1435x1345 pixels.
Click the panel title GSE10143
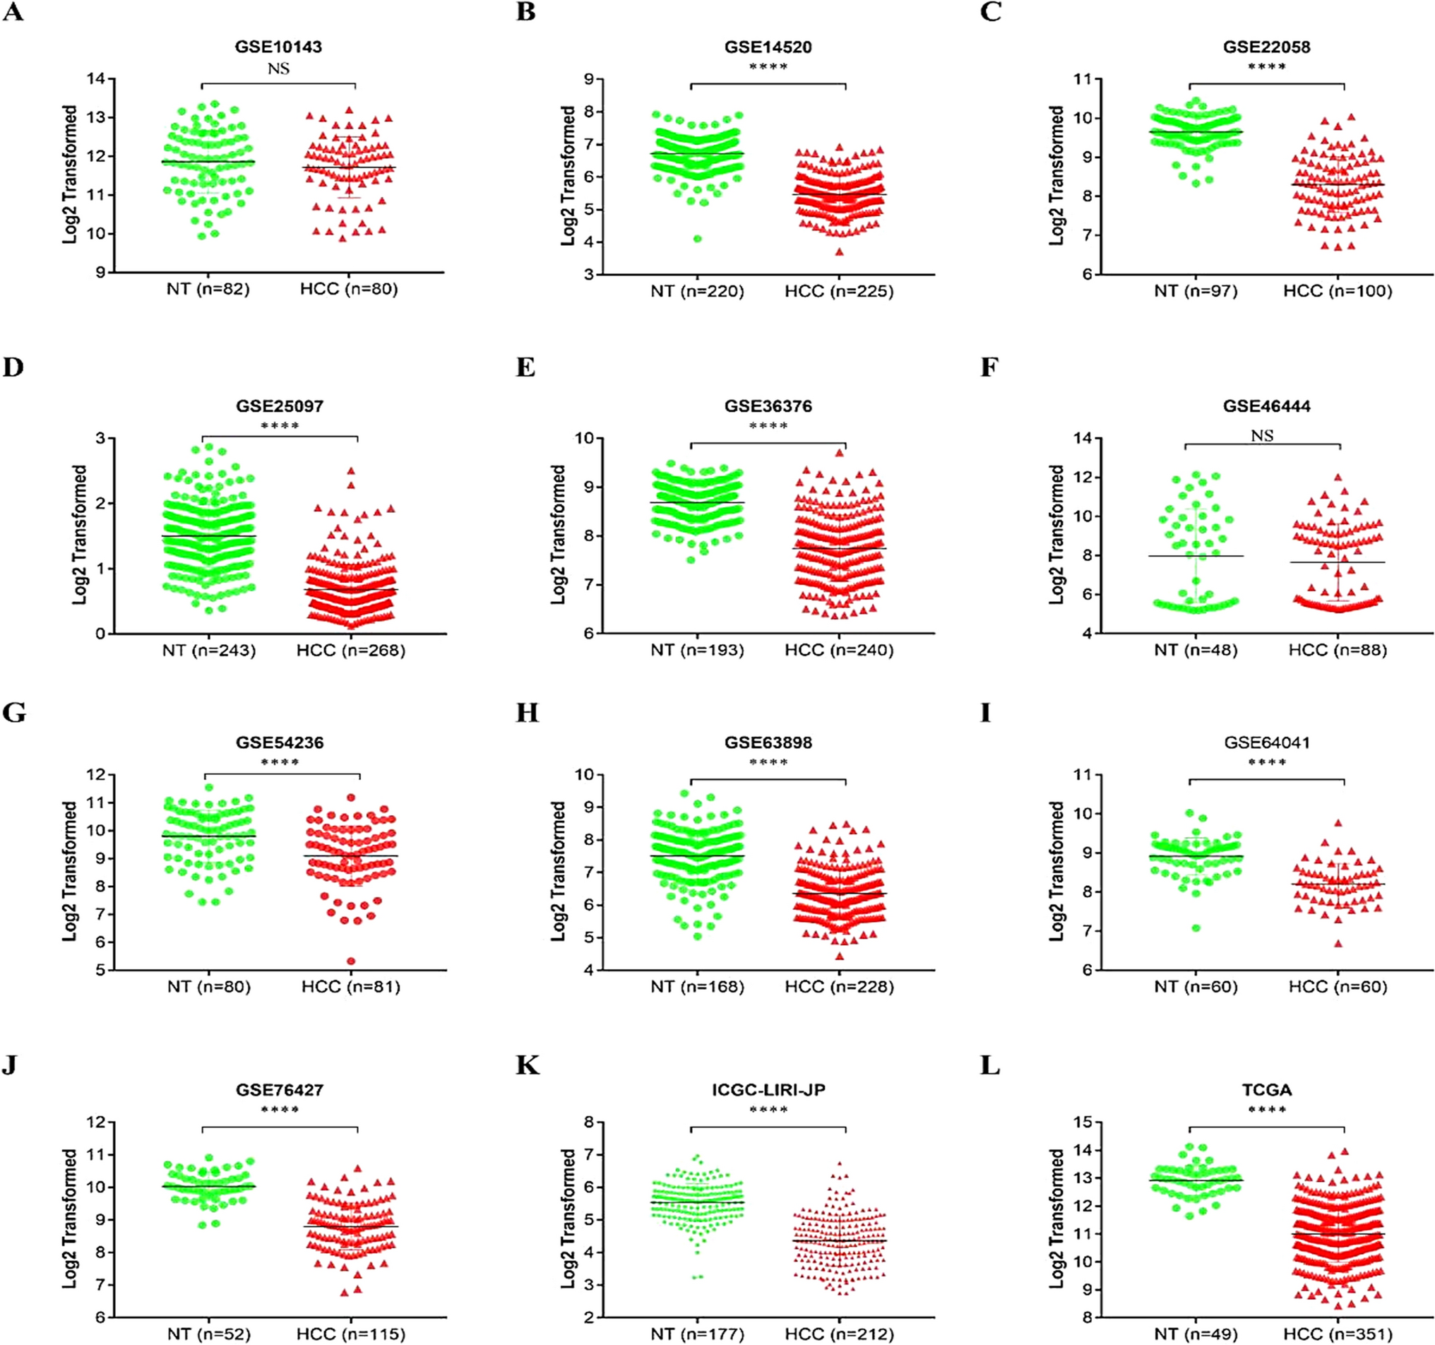click(278, 47)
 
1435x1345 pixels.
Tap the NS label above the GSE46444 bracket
click(1262, 436)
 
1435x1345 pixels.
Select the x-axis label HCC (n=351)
click(1338, 1334)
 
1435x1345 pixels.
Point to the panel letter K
click(528, 1065)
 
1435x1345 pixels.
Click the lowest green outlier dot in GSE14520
click(697, 239)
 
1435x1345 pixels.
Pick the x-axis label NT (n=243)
click(208, 651)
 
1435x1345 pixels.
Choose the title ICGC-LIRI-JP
click(768, 1089)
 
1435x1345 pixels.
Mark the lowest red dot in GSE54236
click(352, 961)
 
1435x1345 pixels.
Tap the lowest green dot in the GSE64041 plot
click(1196, 928)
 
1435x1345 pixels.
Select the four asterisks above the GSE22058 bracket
click(1266, 67)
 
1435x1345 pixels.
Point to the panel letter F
click(989, 367)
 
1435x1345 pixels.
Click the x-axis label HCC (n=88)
click(1338, 651)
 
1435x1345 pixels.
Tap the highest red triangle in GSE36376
click(840, 454)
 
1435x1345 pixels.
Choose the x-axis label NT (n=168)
click(697, 987)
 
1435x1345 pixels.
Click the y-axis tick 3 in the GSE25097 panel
click(100, 438)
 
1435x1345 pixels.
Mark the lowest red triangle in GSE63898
click(840, 956)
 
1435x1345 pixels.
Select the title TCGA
click(1266, 1089)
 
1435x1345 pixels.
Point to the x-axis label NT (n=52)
click(208, 1334)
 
